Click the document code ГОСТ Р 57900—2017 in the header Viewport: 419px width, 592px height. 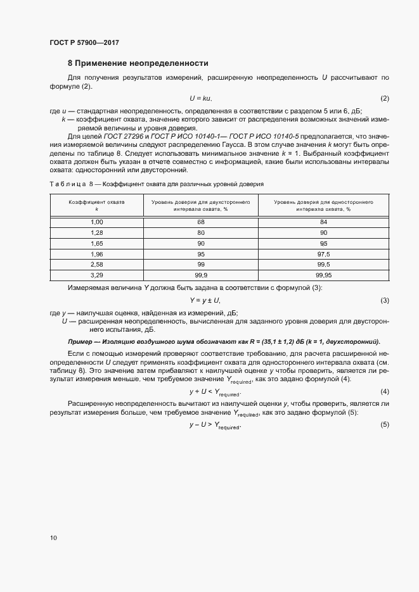[x=84, y=42]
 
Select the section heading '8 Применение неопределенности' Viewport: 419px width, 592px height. [x=138, y=63]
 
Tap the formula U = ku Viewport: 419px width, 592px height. [x=201, y=99]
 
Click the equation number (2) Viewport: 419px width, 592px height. [x=384, y=99]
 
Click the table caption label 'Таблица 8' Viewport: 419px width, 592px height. [x=71, y=183]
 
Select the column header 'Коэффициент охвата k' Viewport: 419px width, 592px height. [x=96, y=205]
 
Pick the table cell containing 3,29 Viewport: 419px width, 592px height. [x=97, y=275]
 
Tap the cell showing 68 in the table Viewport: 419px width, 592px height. [x=201, y=222]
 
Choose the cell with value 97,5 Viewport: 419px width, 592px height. [x=323, y=254]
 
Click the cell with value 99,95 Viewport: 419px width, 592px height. [x=323, y=275]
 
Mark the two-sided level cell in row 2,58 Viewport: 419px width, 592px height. [x=201, y=265]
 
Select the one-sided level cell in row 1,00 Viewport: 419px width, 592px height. [x=323, y=222]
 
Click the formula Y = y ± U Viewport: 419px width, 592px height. [x=205, y=300]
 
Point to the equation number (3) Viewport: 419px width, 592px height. [x=384, y=300]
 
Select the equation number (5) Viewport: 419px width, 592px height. [x=384, y=424]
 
